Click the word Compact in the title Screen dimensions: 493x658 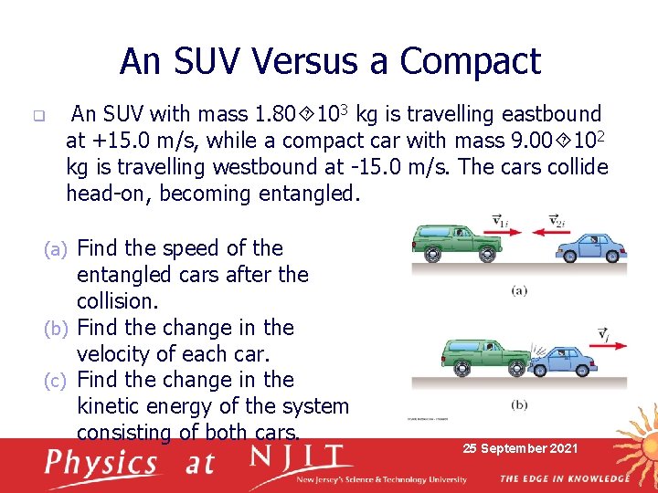(x=470, y=62)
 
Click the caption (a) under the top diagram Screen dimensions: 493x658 (x=518, y=291)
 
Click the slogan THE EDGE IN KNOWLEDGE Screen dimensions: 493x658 (x=564, y=478)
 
